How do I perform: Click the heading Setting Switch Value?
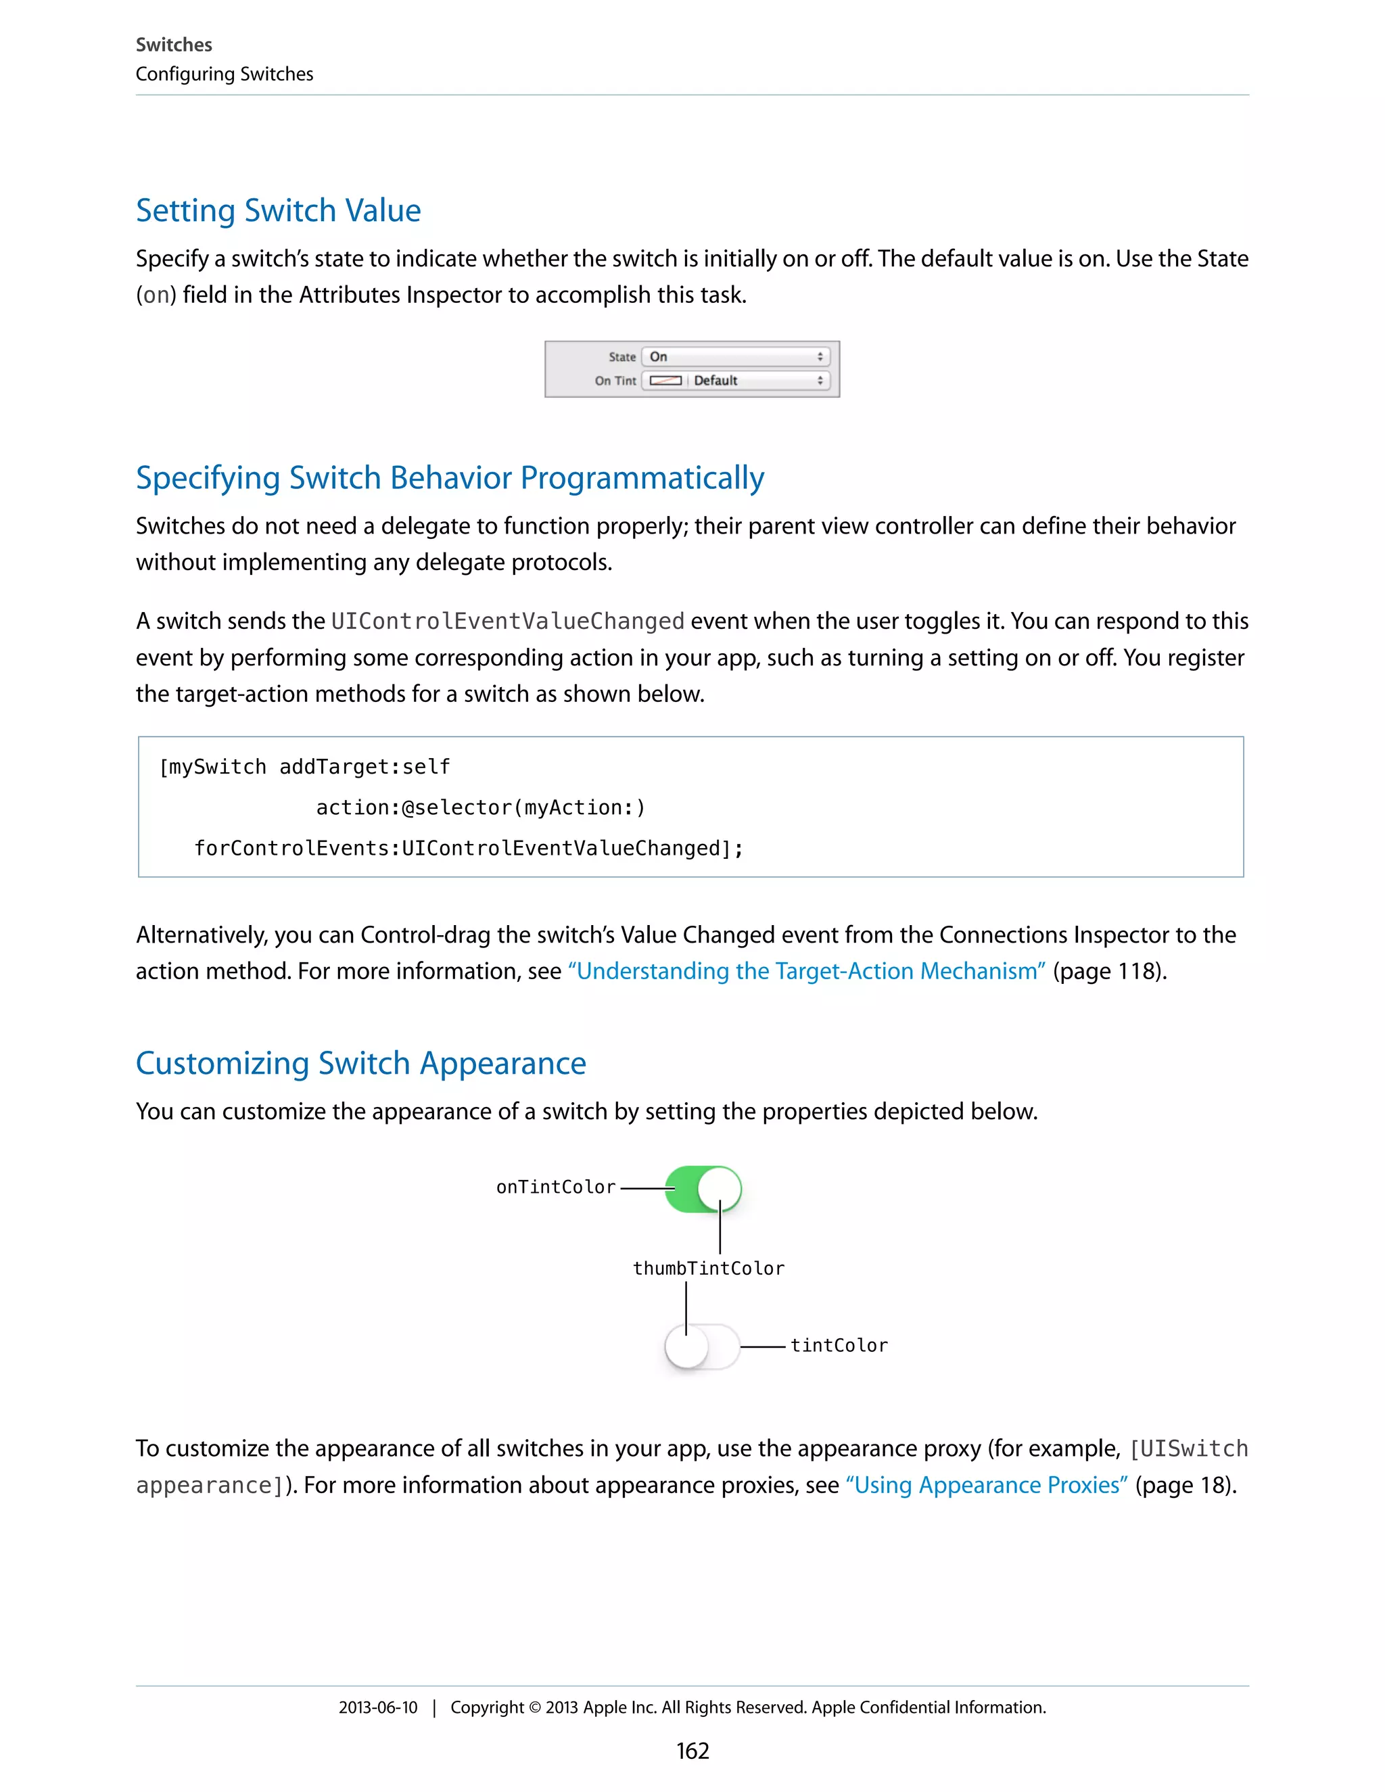[278, 211]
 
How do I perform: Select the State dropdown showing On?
[735, 357]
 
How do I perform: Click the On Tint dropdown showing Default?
[735, 381]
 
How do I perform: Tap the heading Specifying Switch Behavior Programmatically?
[450, 478]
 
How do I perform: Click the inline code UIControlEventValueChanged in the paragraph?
[507, 621]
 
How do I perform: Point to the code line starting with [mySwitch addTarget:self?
[304, 768]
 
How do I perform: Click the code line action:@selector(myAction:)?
[481, 808]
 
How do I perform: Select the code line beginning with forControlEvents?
[469, 849]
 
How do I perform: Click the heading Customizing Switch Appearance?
[360, 1064]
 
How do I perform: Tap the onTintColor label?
[555, 1187]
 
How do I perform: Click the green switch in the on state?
[703, 1189]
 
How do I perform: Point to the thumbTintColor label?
[708, 1269]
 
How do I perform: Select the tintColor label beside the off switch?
[839, 1346]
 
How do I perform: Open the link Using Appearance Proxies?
[986, 1486]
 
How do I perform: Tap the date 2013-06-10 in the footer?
[377, 1707]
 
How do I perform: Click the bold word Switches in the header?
[174, 45]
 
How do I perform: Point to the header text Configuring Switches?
[224, 74]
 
